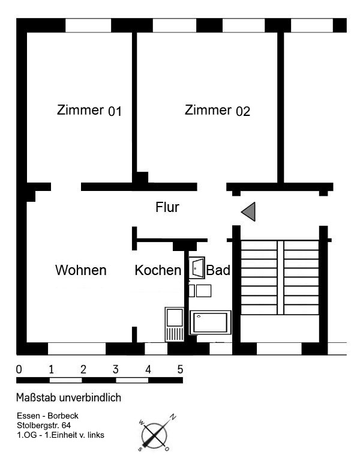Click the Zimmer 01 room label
pyautogui.click(x=89, y=110)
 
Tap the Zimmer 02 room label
pyautogui.click(x=217, y=110)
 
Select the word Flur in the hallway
pyautogui.click(x=167, y=207)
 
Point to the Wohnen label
pyautogui.click(x=81, y=270)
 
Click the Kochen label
pyautogui.click(x=158, y=270)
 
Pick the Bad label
pyautogui.click(x=218, y=270)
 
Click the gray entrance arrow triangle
pyautogui.click(x=249, y=211)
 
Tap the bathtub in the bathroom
pyautogui.click(x=210, y=322)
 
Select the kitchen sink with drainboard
pyautogui.click(x=175, y=324)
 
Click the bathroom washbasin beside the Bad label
pyautogui.click(x=197, y=268)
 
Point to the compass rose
pyautogui.click(x=155, y=435)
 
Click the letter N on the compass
pyautogui.click(x=173, y=417)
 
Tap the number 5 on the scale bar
pyautogui.click(x=180, y=369)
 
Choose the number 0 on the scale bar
pyautogui.click(x=19, y=369)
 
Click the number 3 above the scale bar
pyautogui.click(x=115, y=369)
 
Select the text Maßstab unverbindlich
pyautogui.click(x=68, y=398)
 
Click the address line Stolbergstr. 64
pyautogui.click(x=44, y=425)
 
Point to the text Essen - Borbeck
pyautogui.click(x=47, y=416)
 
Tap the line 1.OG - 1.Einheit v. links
pyautogui.click(x=61, y=435)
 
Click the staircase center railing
pyautogui.click(x=281, y=277)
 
